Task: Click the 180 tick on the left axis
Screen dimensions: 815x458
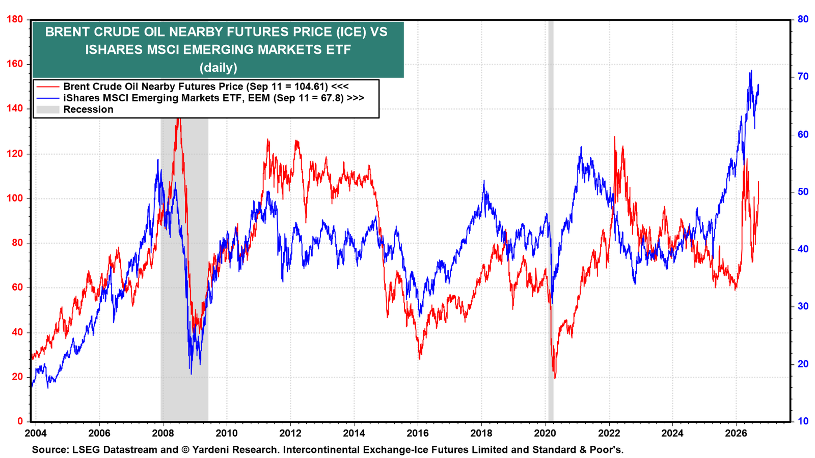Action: pos(15,19)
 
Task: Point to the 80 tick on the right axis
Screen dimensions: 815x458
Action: pos(803,19)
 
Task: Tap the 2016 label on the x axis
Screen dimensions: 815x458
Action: pos(418,433)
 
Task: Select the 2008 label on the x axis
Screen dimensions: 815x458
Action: pos(162,433)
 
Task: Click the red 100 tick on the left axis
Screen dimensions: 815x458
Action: pos(15,198)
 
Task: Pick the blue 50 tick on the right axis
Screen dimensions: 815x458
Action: pos(803,191)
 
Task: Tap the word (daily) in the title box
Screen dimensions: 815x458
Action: pos(219,67)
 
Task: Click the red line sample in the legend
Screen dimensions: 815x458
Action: pos(48,87)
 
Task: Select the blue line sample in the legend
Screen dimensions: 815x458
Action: pos(48,98)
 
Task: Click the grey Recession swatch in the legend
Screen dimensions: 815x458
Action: pos(48,109)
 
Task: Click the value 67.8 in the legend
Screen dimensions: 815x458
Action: pos(334,98)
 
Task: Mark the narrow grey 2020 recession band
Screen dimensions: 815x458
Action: pos(551,221)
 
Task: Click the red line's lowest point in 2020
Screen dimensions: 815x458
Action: pos(555,379)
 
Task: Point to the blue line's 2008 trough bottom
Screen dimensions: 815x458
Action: pos(192,374)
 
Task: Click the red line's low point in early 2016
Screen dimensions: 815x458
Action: pos(420,359)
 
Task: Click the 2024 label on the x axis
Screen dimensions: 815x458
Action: pos(672,433)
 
